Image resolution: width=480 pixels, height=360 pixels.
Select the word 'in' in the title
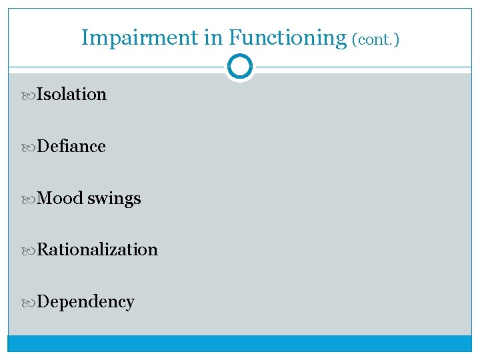tap(213, 37)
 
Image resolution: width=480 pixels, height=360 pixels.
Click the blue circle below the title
tap(240, 67)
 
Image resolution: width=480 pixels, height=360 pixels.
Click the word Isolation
tap(71, 94)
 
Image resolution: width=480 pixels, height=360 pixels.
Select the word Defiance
tap(71, 146)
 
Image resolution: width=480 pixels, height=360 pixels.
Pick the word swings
tap(114, 199)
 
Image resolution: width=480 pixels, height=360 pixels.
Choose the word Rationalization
tap(97, 249)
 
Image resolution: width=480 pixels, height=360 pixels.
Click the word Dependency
tap(86, 302)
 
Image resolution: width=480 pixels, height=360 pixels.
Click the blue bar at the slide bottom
tap(240, 343)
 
